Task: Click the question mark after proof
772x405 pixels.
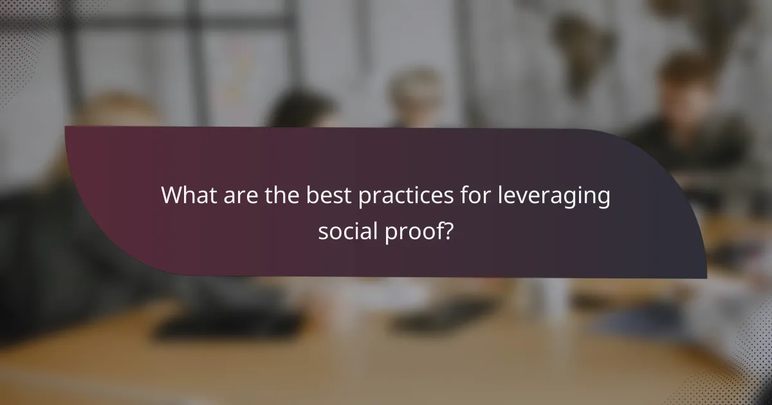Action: point(447,230)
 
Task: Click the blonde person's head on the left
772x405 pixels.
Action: point(122,116)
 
